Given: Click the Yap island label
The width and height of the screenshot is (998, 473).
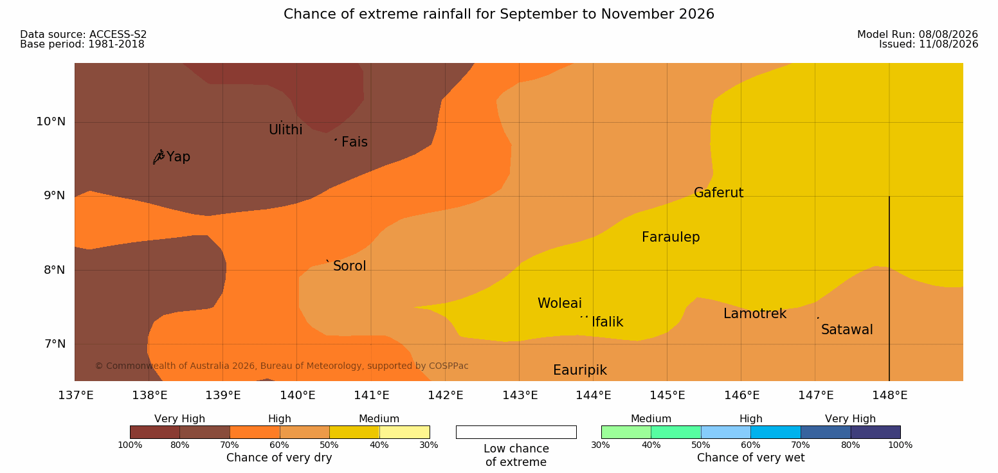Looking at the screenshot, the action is tap(178, 157).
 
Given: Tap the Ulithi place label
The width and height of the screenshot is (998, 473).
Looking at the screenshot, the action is tap(286, 130).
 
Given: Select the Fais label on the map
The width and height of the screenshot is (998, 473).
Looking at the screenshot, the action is tap(355, 141).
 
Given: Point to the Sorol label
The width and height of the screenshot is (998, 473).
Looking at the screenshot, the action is tap(350, 266).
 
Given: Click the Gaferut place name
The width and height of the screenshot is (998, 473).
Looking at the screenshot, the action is tap(719, 192).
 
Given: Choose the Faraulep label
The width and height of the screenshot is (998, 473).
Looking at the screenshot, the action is tap(671, 237).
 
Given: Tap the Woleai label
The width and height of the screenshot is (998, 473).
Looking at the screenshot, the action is tap(559, 303).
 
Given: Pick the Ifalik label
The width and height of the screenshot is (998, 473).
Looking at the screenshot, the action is tap(607, 321).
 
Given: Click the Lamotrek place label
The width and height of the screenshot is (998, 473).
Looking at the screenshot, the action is tap(755, 314).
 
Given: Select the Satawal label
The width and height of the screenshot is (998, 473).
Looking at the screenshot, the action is tap(847, 330).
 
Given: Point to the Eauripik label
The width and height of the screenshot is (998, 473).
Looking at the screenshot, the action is tap(579, 371).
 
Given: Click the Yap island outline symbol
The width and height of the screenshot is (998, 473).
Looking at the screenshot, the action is tap(159, 157).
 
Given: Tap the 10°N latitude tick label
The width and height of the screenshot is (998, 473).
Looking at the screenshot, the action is tap(51, 121).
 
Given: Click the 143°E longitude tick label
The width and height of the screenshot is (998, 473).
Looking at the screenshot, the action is tap(520, 395).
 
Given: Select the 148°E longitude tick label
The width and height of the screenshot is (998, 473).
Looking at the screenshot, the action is tap(890, 395).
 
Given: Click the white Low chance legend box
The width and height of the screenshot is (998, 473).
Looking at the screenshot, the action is tap(516, 432).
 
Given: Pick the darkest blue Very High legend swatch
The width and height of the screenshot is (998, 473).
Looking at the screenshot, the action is tap(875, 432).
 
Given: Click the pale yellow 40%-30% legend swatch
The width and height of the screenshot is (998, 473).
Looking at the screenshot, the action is tap(404, 432).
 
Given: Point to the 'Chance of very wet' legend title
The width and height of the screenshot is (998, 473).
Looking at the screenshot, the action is tap(750, 458).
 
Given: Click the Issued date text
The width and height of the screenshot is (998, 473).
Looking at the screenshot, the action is tap(929, 44).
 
